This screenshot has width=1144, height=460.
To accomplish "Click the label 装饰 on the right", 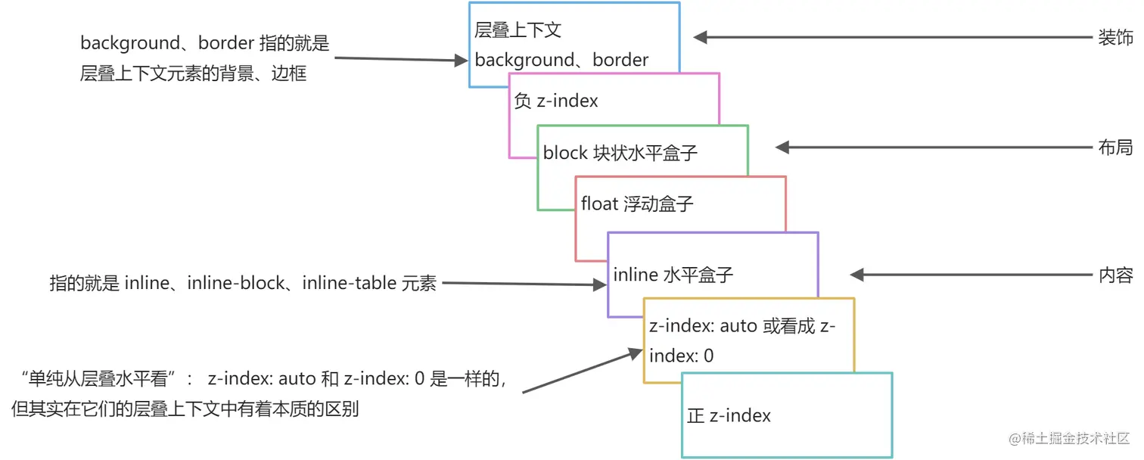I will [1114, 37].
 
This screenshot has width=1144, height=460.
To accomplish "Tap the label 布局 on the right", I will [1114, 148].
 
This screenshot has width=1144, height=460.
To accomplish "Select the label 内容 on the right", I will [1114, 275].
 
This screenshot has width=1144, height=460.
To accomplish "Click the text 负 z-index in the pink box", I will [556, 101].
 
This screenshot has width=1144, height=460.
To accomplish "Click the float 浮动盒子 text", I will [637, 204].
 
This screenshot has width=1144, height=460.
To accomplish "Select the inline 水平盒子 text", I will [673, 275].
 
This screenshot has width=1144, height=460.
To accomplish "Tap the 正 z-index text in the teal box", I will [729, 415].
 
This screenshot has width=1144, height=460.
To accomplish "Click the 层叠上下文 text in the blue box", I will [518, 30].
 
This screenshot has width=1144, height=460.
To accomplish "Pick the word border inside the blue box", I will [620, 60].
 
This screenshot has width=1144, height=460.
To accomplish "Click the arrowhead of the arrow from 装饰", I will [701, 37].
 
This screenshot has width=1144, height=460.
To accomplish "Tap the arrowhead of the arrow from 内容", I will [857, 275].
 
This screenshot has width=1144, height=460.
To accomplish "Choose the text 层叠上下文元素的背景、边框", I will [193, 74].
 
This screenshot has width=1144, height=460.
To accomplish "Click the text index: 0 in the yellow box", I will [681, 356].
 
